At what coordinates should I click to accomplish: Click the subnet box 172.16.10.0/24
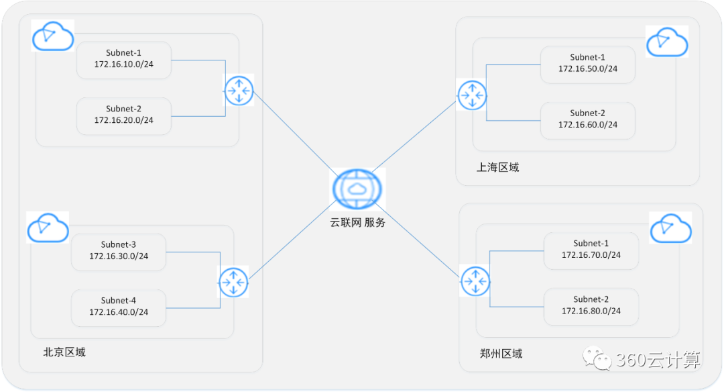point(124,60)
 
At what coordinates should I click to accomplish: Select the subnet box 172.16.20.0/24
point(124,115)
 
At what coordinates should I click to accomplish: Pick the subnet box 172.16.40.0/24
point(119,307)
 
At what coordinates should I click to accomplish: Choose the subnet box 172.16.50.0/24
point(588,64)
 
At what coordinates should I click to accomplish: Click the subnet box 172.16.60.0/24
point(588,119)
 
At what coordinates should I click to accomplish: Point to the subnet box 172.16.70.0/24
point(591,250)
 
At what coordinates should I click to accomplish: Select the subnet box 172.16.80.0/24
point(591,305)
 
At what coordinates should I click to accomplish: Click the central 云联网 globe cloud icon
point(358,189)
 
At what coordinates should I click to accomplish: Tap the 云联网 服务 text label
point(358,223)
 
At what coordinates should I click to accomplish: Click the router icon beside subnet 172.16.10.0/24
point(239,90)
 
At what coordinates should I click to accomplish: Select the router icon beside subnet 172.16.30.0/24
point(233,282)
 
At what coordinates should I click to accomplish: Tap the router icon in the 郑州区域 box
point(475,281)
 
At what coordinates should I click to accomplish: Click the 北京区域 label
point(64,352)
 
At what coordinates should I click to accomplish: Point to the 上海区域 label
point(498,168)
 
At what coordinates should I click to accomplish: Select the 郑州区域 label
point(501,354)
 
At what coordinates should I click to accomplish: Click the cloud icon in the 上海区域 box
point(666,42)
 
